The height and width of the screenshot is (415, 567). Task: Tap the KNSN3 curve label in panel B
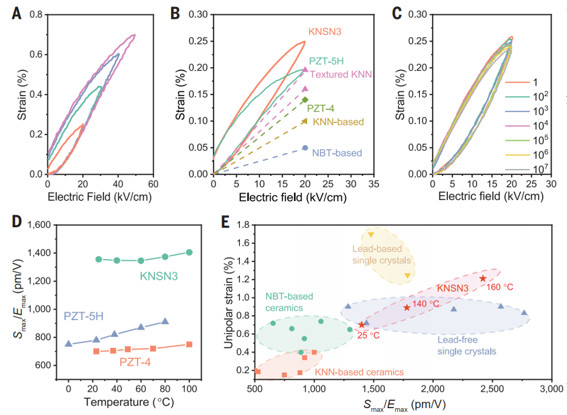pos(329,32)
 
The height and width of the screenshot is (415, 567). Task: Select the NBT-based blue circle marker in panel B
pos(305,148)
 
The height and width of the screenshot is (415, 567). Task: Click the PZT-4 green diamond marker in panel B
pos(305,100)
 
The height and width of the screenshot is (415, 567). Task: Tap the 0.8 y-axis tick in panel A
pos(35,15)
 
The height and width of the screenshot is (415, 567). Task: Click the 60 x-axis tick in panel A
pos(153,184)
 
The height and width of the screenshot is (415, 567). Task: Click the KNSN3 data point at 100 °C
pos(189,252)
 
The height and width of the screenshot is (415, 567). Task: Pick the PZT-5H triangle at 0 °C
pos(68,344)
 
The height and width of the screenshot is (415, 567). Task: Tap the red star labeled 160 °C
pos(483,278)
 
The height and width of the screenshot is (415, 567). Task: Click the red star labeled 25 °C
pos(361,324)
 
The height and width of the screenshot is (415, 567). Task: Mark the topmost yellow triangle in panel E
pos(371,235)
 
